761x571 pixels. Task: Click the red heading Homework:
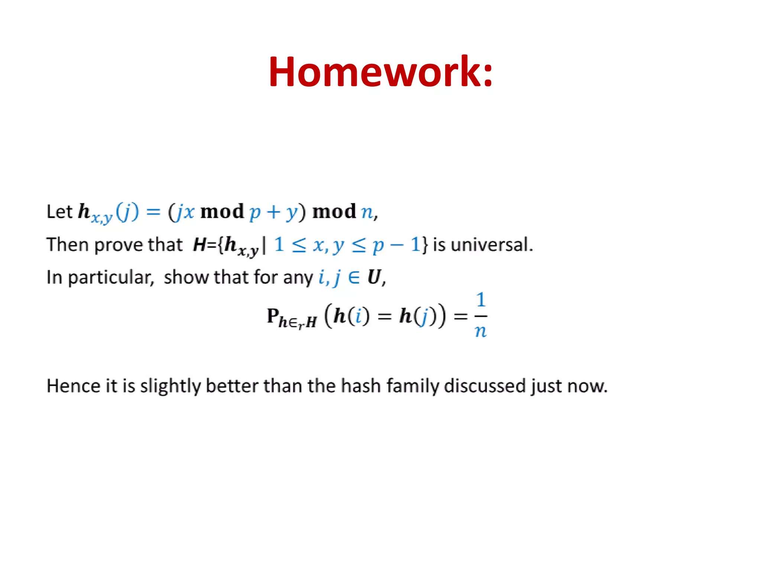pos(380,71)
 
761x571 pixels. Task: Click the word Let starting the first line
pos(59,212)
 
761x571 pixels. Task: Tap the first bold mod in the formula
pos(222,212)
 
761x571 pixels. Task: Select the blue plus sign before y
pos(273,212)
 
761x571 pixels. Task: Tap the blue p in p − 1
pos(378,245)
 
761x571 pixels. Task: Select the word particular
pos(110,278)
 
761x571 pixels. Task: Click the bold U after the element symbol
pos(374,277)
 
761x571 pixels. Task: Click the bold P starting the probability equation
pos(273,316)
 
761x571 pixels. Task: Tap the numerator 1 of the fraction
pos(481,300)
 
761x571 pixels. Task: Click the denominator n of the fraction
pos(480,330)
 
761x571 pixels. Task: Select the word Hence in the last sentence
pos(73,385)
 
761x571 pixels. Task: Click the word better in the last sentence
pos(232,385)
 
